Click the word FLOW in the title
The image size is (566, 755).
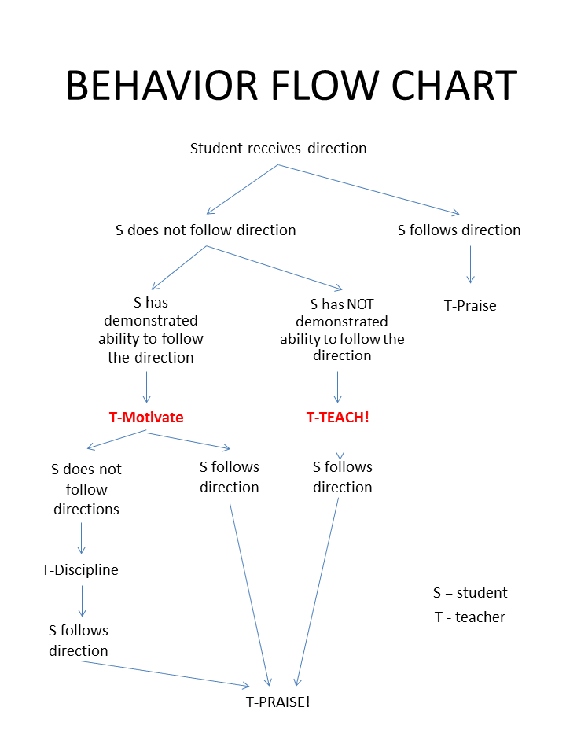click(x=325, y=86)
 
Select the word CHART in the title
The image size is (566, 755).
click(x=454, y=86)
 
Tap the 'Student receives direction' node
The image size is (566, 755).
click(x=278, y=149)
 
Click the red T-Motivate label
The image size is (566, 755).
click(x=146, y=417)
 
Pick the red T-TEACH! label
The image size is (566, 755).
click(x=338, y=417)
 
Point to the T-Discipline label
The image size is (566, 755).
click(x=80, y=570)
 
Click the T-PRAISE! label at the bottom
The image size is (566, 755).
click(x=278, y=702)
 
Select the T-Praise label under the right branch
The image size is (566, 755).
click(x=470, y=306)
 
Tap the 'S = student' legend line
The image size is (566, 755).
click(x=470, y=593)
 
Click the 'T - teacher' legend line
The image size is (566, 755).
click(x=470, y=617)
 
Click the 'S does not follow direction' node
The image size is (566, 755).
click(x=205, y=230)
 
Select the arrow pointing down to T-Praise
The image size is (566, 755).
click(x=471, y=264)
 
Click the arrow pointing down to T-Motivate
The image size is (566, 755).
click(x=147, y=387)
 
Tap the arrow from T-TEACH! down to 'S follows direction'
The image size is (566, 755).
click(x=340, y=444)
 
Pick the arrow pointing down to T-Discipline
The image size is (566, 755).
click(x=81, y=538)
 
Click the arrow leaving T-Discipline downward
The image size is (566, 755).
click(x=83, y=601)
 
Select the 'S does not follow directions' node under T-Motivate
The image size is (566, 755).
click(x=86, y=489)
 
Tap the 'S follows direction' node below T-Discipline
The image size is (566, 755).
click(x=79, y=640)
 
